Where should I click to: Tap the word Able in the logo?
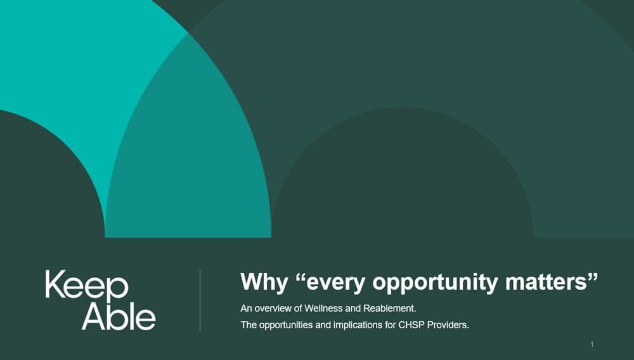(x=119, y=316)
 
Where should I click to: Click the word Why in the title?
(x=264, y=281)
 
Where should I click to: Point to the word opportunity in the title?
(x=435, y=282)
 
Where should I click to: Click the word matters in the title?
(x=546, y=281)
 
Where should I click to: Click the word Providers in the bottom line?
(x=448, y=325)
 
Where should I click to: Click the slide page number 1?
(x=592, y=345)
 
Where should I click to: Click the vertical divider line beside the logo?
(x=200, y=300)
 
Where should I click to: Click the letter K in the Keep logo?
(x=55, y=284)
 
